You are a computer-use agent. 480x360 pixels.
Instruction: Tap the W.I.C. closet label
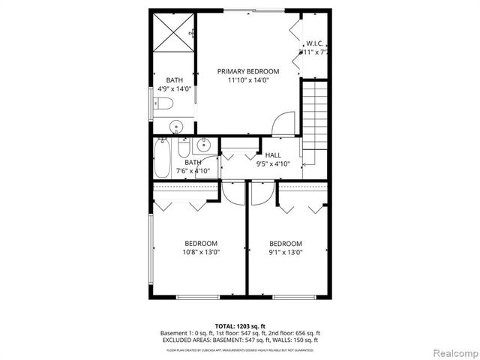[x=314, y=43]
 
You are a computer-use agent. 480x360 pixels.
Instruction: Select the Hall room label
[x=273, y=154]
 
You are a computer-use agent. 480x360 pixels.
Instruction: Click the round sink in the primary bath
[x=176, y=126]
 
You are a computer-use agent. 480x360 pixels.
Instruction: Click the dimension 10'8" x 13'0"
[x=201, y=252]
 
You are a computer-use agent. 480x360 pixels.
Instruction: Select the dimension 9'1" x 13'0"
[x=285, y=252]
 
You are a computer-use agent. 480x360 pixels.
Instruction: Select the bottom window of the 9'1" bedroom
[x=295, y=298]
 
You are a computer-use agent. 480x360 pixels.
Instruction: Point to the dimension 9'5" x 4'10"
[x=273, y=163]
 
